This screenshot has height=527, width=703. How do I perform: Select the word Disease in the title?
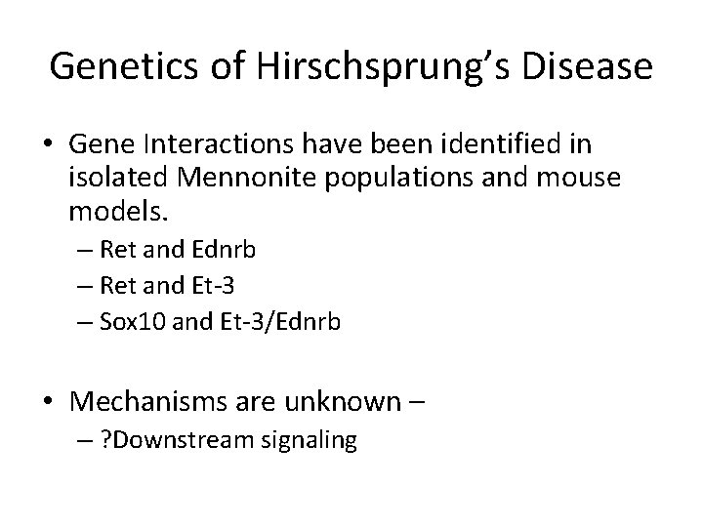pyautogui.click(x=586, y=66)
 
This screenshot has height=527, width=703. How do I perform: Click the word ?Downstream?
pyautogui.click(x=181, y=441)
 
